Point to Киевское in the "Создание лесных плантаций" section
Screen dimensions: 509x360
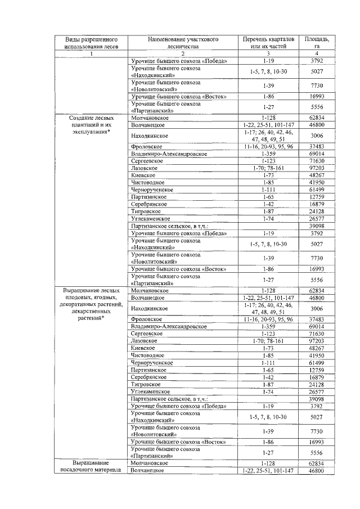(143, 175)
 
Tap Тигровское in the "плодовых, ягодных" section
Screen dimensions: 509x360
(145, 385)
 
